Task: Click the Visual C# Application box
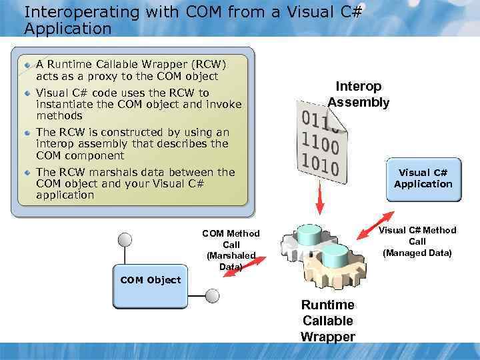423,179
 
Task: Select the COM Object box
150,280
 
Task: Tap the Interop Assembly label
359,94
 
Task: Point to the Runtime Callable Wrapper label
327,321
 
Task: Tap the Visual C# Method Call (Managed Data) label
417,241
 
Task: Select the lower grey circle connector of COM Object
212,296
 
